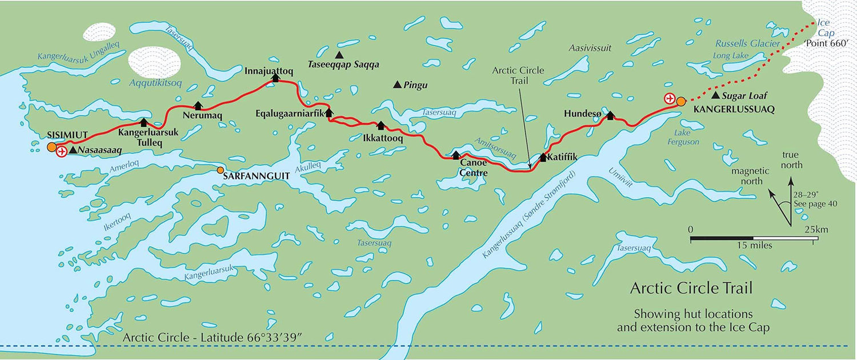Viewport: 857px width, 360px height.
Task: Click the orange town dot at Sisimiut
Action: (51, 147)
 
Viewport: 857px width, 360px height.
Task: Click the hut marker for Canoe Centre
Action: (455, 155)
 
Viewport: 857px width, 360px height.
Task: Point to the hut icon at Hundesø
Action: (610, 115)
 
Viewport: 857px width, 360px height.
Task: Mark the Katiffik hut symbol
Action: (543, 157)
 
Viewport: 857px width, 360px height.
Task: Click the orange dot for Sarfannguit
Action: (221, 170)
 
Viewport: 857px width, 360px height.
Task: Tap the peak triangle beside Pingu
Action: (397, 85)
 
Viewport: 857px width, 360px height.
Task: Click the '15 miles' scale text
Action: (753, 246)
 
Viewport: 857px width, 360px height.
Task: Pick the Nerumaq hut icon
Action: (198, 105)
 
